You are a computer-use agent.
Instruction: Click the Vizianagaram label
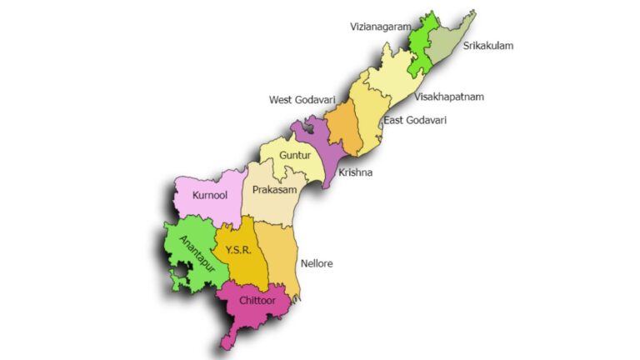coord(380,27)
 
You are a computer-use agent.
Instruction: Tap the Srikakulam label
coord(488,46)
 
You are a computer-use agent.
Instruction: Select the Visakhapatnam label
coord(449,97)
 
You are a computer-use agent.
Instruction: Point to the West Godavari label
coord(302,100)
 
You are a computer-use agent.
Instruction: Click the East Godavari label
coord(415,121)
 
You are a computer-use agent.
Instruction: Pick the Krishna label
coord(355,172)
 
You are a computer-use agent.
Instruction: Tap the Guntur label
coord(295,155)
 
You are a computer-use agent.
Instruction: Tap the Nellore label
coord(316,263)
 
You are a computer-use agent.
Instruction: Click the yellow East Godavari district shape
coord(366,112)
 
